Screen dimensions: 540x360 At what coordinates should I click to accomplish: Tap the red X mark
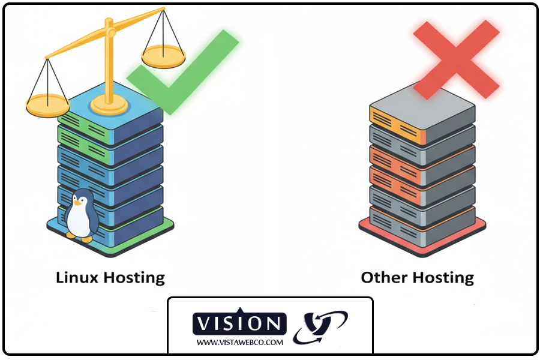pos(457,59)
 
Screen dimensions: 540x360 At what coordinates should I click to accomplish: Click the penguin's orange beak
pos(78,203)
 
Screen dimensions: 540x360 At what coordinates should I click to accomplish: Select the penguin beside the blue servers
pos(81,215)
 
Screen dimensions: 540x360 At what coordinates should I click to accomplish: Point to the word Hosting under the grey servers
pos(443,278)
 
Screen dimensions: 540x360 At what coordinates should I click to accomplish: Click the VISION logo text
pos(239,323)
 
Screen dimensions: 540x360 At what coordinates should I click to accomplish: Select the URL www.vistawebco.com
pos(239,343)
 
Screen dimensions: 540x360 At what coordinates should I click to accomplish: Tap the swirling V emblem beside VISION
pos(320,327)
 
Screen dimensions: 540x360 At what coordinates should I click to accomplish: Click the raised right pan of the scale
pos(163,56)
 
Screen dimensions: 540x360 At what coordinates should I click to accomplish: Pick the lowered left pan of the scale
pos(47,105)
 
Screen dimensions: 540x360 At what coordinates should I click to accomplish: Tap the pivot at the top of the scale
pos(110,32)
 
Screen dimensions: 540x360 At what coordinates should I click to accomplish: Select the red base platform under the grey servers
pos(422,238)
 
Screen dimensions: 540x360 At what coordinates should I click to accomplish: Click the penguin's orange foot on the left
pos(71,235)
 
